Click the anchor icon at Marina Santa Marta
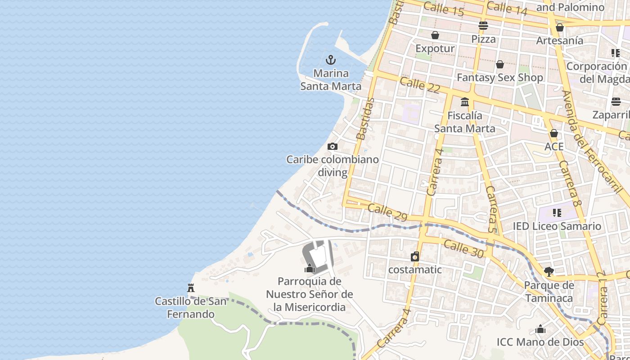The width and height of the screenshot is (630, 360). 331,60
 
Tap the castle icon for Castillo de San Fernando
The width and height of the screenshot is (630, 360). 191,288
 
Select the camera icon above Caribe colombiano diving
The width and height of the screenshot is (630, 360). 333,146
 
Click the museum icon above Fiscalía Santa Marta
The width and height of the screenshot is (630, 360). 465,102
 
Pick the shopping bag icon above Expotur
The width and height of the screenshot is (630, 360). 435,35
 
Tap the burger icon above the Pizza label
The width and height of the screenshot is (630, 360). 483,26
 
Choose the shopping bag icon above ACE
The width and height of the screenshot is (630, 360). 554,133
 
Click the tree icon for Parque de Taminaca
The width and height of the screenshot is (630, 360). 549,272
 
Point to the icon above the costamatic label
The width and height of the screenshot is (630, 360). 415,256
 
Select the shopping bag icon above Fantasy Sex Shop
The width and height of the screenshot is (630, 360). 500,64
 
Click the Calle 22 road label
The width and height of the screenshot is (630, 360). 419,85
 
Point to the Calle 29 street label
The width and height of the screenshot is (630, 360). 387,213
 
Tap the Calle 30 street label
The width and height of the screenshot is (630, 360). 463,249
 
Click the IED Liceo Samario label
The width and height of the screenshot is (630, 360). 557,226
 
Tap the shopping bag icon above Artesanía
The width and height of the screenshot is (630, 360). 560,28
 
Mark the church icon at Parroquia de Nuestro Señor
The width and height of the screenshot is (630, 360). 310,269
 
